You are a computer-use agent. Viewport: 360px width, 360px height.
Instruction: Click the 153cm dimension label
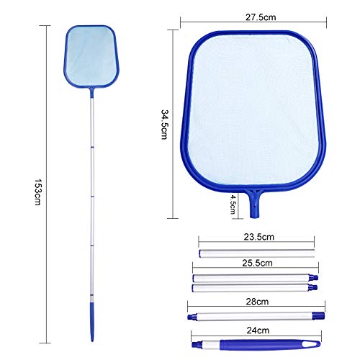(37, 192)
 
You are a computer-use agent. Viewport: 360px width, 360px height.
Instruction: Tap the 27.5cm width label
(261, 17)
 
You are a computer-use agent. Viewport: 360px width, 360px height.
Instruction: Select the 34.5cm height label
(165, 125)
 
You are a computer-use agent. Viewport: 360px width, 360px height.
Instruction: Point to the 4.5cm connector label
(233, 204)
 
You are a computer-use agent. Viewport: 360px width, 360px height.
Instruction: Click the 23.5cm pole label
(258, 237)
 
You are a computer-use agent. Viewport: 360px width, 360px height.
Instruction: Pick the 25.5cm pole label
(257, 263)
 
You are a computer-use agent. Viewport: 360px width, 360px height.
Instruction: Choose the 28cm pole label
(257, 302)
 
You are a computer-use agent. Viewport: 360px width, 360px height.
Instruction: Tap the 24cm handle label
(258, 330)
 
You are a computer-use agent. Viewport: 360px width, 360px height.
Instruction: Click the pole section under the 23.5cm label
(256, 253)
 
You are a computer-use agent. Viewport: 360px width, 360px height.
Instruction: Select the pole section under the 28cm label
(256, 316)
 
